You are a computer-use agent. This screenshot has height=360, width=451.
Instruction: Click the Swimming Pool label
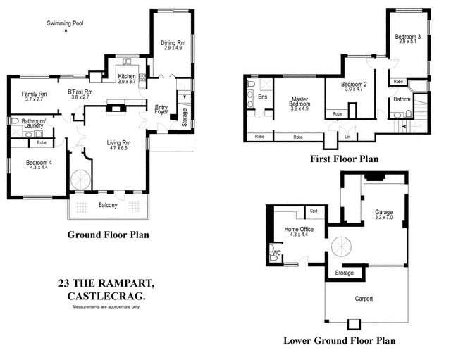click(x=65, y=23)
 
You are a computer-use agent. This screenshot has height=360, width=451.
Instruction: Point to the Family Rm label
click(x=34, y=94)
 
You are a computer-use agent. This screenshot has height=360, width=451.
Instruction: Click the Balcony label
click(x=109, y=205)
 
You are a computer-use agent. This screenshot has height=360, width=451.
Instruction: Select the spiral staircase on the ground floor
click(x=82, y=178)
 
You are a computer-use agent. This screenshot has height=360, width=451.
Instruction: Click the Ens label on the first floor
click(x=262, y=97)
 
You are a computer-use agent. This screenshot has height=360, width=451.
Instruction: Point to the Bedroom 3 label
click(x=407, y=36)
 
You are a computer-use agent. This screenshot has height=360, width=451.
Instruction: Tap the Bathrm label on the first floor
click(x=402, y=99)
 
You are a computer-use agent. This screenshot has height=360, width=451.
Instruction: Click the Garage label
click(x=383, y=211)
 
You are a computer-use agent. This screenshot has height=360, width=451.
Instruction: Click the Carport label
click(x=363, y=299)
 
